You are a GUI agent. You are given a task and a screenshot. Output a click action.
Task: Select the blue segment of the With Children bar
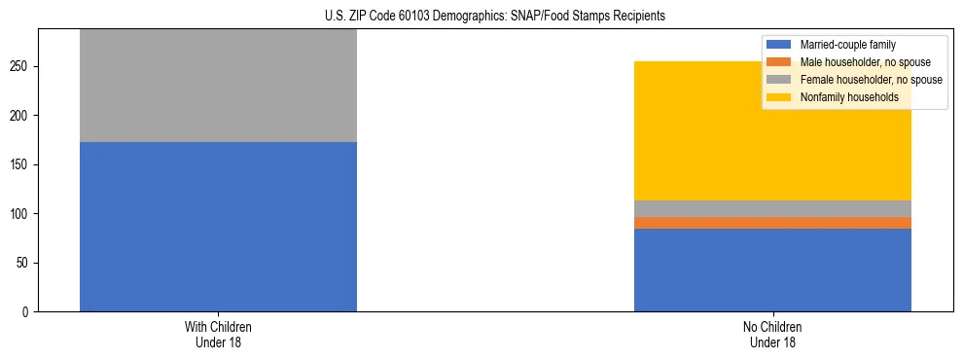click(x=218, y=227)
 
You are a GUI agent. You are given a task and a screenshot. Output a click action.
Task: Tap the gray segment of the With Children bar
click(x=218, y=86)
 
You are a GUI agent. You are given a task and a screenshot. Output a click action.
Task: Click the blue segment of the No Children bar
click(x=772, y=270)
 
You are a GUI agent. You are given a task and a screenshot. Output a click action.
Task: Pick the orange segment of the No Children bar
click(x=772, y=223)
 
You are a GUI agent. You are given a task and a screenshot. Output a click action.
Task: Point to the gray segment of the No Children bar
click(x=772, y=208)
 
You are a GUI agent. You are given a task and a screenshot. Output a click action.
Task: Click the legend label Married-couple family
click(x=847, y=45)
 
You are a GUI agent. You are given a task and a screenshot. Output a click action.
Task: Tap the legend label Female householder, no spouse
click(x=871, y=80)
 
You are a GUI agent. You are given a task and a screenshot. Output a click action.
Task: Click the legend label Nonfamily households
click(x=842, y=97)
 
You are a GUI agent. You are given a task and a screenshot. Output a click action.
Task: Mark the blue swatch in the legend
click(x=779, y=45)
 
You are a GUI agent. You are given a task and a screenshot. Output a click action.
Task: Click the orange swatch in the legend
click(x=779, y=62)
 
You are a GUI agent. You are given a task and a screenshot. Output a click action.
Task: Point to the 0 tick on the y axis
click(x=28, y=312)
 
